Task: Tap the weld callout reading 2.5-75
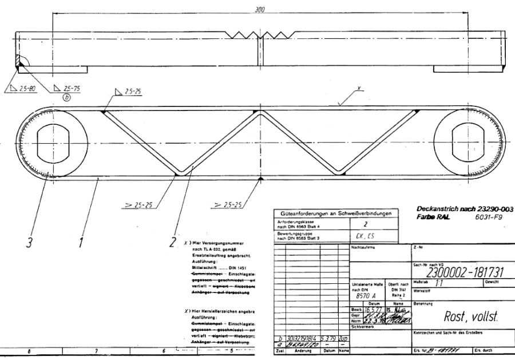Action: pyautogui.click(x=72, y=89)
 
